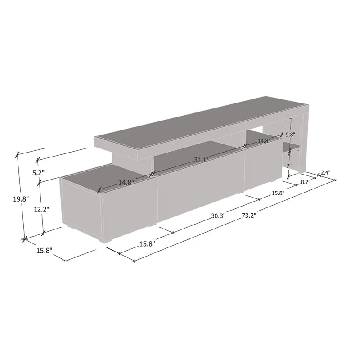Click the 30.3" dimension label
point(219,216)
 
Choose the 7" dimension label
point(289,166)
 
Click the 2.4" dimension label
point(326,173)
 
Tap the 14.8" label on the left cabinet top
point(127,183)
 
